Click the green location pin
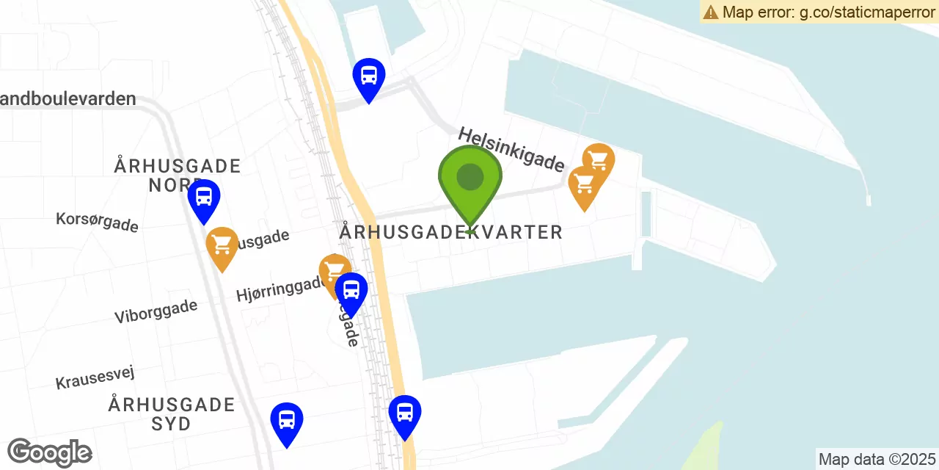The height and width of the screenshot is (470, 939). click(x=469, y=181)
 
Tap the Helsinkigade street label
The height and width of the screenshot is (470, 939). click(x=511, y=148)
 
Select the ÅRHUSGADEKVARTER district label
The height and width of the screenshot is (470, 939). click(x=450, y=232)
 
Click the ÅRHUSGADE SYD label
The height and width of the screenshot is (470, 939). click(x=172, y=413)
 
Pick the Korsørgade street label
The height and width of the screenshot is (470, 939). click(x=97, y=221)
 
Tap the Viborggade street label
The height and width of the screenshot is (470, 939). click(x=156, y=311)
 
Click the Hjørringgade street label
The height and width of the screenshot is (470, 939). click(x=279, y=288)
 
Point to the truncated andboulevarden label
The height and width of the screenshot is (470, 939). click(x=68, y=98)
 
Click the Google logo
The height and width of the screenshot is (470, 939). click(x=49, y=452)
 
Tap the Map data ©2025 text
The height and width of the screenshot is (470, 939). click(x=877, y=460)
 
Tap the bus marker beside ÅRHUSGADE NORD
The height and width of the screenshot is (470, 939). click(x=204, y=198)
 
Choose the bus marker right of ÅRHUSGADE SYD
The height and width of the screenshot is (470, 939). click(x=287, y=421)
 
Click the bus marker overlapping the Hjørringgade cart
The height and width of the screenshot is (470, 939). click(x=351, y=291)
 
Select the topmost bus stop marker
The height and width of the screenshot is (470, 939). click(x=368, y=76)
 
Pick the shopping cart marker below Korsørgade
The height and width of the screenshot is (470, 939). click(x=222, y=245)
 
